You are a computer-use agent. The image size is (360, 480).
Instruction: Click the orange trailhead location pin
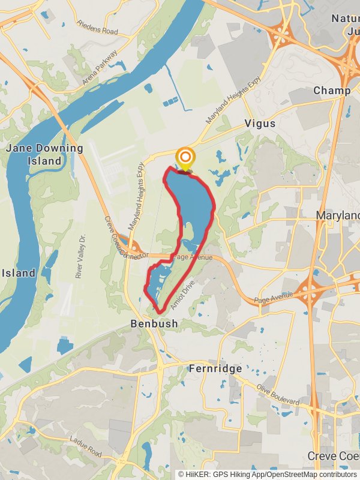[185, 159]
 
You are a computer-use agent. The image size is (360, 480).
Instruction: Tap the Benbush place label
[154, 323]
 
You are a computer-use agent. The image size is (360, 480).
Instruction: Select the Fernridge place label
[215, 368]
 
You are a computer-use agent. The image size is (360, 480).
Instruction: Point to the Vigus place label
[260, 124]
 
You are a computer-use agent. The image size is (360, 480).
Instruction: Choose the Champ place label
[332, 91]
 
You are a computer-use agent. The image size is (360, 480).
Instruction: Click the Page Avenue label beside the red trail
[193, 257]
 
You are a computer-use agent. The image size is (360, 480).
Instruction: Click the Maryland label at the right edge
[339, 215]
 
